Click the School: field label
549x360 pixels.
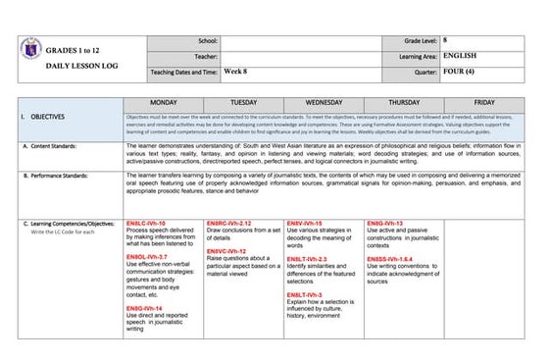(208, 41)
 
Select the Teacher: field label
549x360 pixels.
(206, 57)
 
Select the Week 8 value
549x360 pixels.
(235, 72)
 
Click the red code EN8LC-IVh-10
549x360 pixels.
(147, 224)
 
